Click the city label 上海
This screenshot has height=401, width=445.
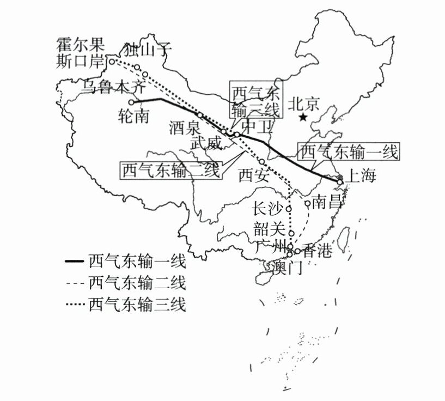click(361, 177)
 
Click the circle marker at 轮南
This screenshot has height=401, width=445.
click(131, 102)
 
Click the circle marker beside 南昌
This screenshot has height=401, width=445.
click(307, 204)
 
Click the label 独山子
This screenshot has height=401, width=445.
click(148, 50)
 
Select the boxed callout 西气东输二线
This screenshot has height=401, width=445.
click(170, 171)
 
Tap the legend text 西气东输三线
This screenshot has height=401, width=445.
click(137, 304)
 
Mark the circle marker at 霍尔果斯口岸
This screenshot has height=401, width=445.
click(112, 62)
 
